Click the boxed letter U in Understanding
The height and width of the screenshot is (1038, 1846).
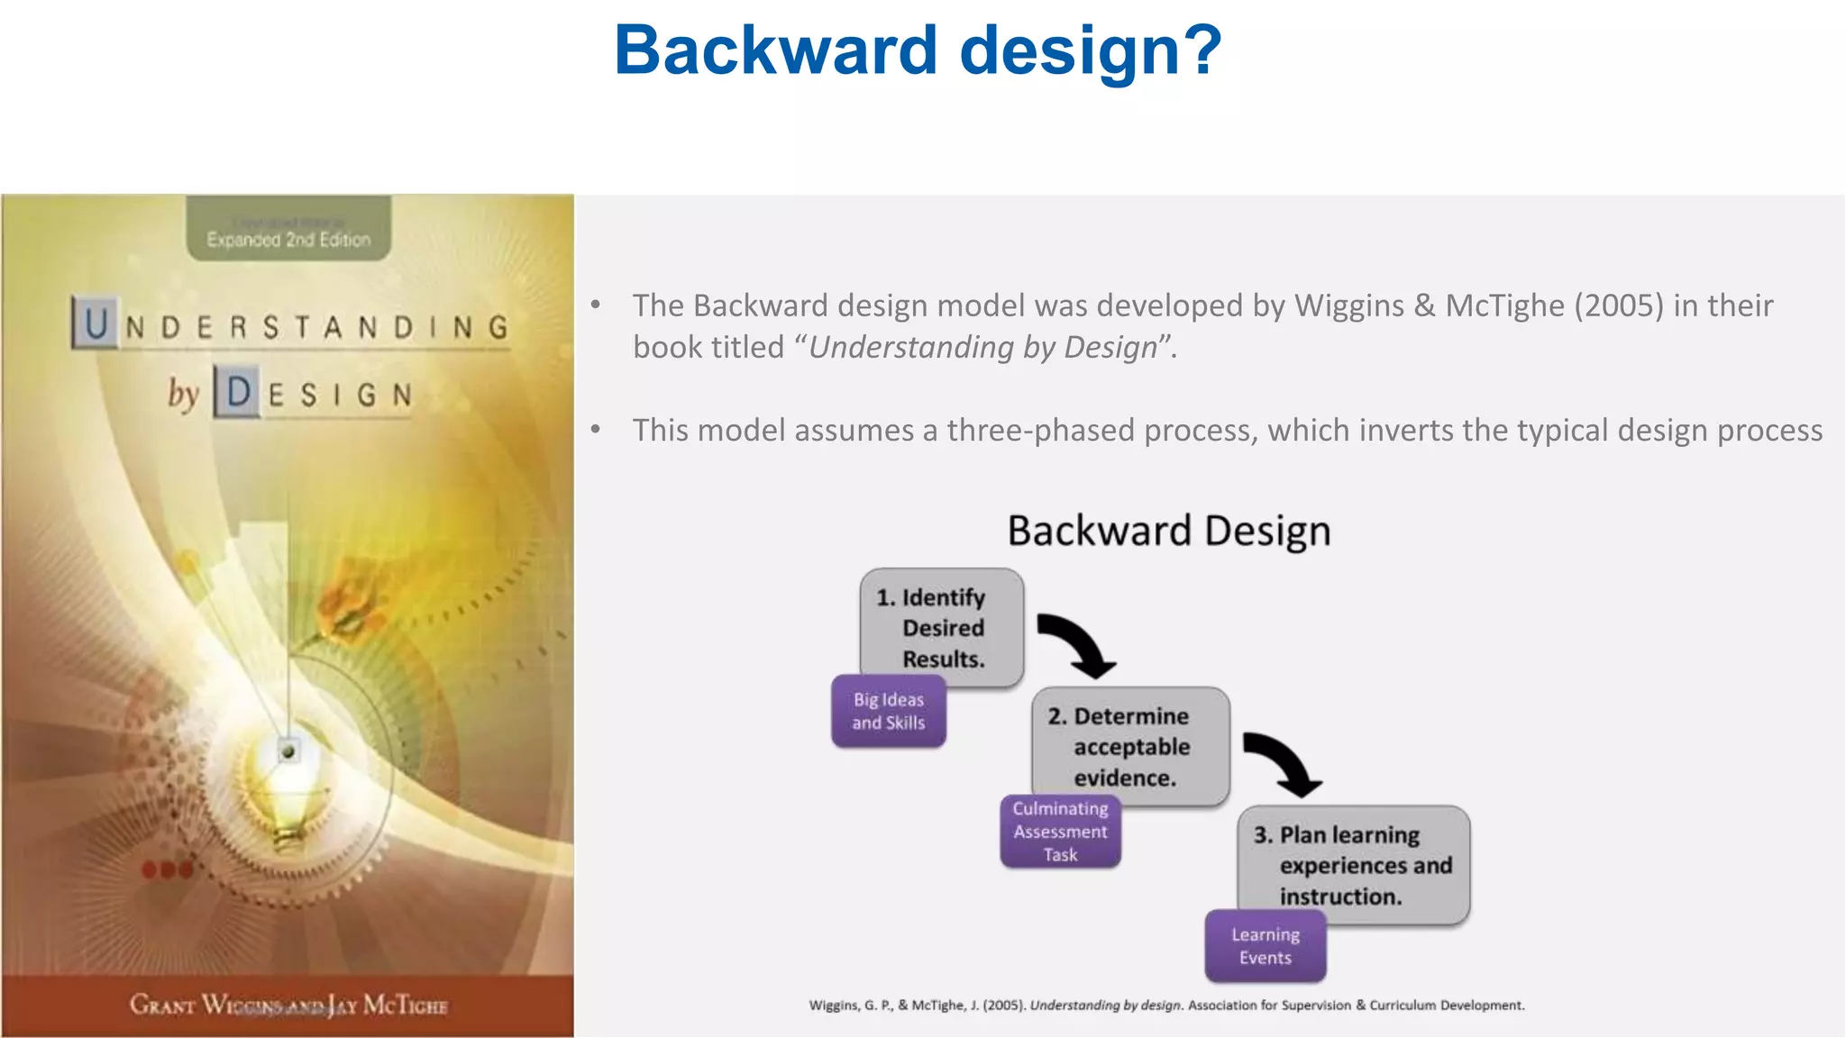(96, 323)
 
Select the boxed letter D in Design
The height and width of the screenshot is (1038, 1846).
(238, 392)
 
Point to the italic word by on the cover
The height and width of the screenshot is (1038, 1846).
(183, 393)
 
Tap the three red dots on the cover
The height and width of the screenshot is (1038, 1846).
(167, 870)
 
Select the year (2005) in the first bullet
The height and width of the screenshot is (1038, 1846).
(1618, 306)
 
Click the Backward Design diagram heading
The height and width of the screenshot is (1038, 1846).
(1168, 531)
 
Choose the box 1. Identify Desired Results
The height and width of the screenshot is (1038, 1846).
(942, 628)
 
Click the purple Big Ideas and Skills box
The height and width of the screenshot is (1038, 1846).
(888, 712)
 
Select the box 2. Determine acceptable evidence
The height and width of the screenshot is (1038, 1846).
(1130, 747)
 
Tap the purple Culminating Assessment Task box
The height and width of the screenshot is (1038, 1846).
(1060, 832)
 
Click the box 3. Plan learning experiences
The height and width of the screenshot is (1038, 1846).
(1353, 865)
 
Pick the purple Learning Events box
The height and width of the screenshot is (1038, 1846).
(1265, 946)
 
